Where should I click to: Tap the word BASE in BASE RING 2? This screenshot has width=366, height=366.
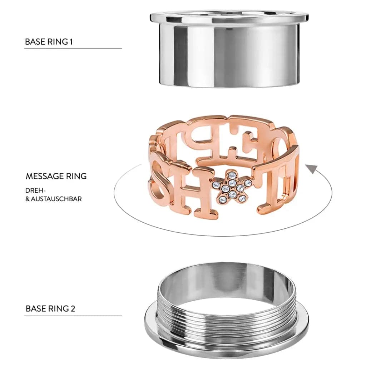click(36, 308)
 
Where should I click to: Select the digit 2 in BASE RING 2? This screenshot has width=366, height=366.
click(73, 308)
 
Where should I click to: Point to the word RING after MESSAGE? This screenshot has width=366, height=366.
click(76, 176)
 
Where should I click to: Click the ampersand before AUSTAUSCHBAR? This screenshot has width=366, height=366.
click(28, 199)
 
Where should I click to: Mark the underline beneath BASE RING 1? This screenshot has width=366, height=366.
click(73, 48)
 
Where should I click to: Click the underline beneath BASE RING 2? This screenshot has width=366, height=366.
click(73, 316)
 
